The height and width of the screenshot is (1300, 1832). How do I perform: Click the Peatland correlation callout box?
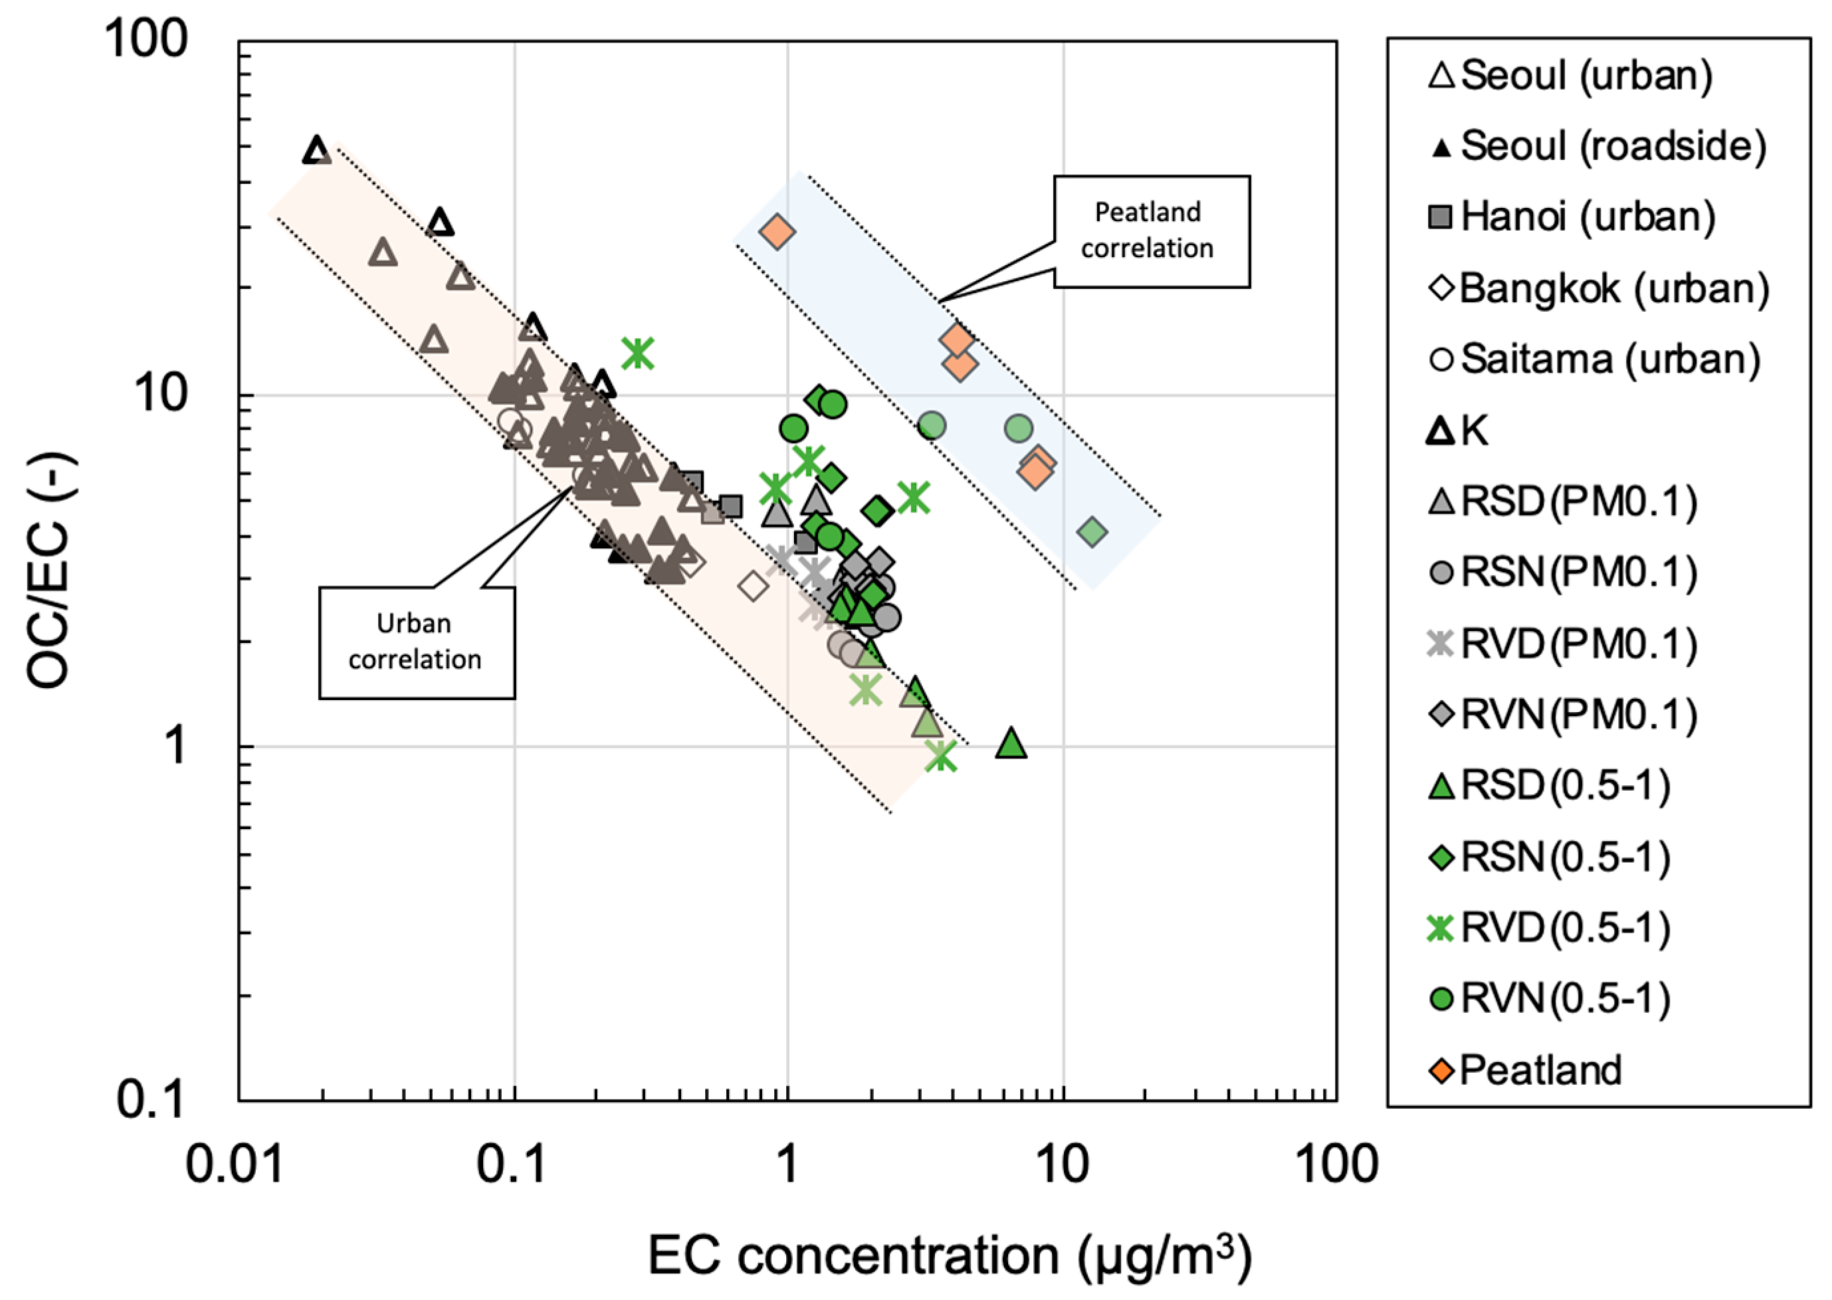pyautogui.click(x=1151, y=231)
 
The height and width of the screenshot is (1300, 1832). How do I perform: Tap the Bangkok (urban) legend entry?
pyautogui.click(x=1598, y=288)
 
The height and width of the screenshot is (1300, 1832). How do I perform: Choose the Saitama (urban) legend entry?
pyautogui.click(x=1593, y=359)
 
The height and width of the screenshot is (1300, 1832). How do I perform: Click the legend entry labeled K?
pyautogui.click(x=1459, y=430)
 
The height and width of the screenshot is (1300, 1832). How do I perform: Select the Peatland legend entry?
pyautogui.click(x=1525, y=1070)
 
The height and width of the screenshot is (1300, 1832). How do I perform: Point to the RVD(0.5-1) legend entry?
pyautogui.click(x=1550, y=929)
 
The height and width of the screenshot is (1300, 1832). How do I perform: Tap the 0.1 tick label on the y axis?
pyautogui.click(x=152, y=1100)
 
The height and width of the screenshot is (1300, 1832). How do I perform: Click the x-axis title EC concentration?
pyautogui.click(x=949, y=1255)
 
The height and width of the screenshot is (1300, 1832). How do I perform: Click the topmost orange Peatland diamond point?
pyautogui.click(x=777, y=232)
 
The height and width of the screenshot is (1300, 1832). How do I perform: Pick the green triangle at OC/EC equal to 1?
pyautogui.click(x=1011, y=743)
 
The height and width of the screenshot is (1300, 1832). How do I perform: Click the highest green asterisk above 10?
pyautogui.click(x=638, y=352)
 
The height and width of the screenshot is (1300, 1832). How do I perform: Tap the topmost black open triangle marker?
pyautogui.click(x=317, y=149)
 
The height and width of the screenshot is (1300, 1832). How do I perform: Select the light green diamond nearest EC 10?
pyautogui.click(x=1093, y=531)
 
